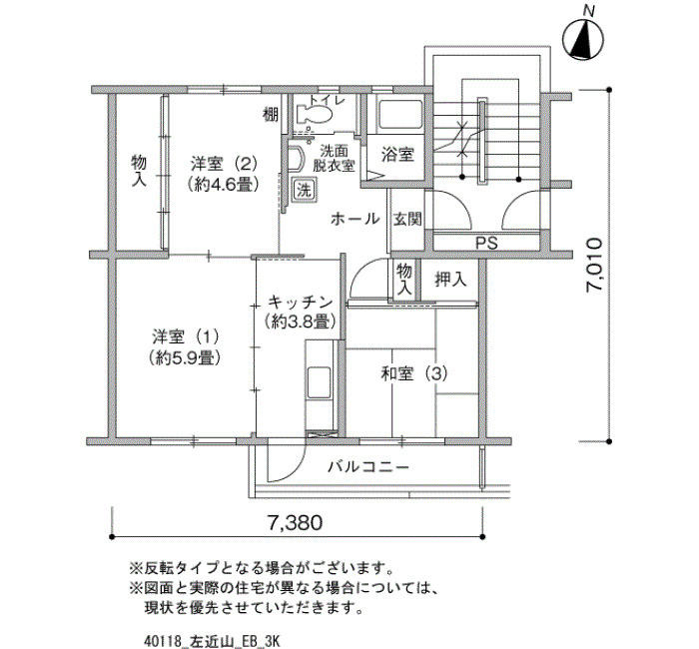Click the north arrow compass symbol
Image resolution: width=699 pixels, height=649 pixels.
pyautogui.click(x=583, y=39)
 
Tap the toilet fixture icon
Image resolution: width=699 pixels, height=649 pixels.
pyautogui.click(x=315, y=113)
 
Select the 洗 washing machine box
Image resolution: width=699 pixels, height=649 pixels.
pyautogui.click(x=305, y=191)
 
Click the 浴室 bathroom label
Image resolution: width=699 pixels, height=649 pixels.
pyautogui.click(x=397, y=155)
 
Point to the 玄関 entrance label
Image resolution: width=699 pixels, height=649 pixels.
pyautogui.click(x=407, y=219)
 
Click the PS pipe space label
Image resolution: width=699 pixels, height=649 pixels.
pyautogui.click(x=487, y=243)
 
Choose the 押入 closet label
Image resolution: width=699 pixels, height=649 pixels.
pyautogui.click(x=450, y=280)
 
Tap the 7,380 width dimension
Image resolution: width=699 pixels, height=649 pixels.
pyautogui.click(x=295, y=522)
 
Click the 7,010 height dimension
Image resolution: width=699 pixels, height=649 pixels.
pyautogui.click(x=595, y=265)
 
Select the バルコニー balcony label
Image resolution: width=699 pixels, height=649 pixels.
pyautogui.click(x=368, y=467)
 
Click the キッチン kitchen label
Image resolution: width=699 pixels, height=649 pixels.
pyautogui.click(x=300, y=303)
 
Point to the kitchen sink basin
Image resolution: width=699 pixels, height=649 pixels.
pyautogui.click(x=320, y=382)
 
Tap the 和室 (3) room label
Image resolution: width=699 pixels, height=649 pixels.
pyautogui.click(x=414, y=373)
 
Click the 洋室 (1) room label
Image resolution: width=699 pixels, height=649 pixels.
pyautogui.click(x=186, y=337)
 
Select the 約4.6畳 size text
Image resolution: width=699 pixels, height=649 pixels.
pyautogui.click(x=224, y=184)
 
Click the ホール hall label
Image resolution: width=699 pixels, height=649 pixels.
pyautogui.click(x=355, y=219)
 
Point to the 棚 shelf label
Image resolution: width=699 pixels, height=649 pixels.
pyautogui.click(x=271, y=115)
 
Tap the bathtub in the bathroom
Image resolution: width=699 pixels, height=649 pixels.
pyautogui.click(x=399, y=115)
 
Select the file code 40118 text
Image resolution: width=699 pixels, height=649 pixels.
pyautogui.click(x=163, y=642)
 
